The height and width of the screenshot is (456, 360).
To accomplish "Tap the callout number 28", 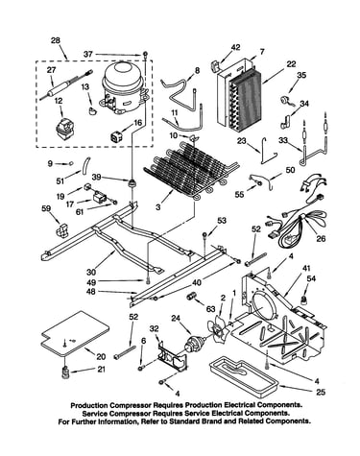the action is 56,40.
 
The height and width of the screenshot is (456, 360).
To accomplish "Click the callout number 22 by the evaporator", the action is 291,64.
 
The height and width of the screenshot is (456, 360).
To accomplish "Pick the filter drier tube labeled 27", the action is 66,85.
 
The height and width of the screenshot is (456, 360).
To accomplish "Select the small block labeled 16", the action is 116,136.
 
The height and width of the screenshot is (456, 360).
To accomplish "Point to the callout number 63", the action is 210,309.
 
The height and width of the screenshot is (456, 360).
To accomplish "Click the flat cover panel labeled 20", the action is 75,333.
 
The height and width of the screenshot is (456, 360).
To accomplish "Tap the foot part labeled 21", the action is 65,372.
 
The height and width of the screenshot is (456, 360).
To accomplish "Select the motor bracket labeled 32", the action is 173,355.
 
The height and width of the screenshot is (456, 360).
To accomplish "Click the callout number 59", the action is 46,209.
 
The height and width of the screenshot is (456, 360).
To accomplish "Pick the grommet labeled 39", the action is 132,183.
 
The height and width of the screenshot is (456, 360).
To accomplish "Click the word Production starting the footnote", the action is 88,405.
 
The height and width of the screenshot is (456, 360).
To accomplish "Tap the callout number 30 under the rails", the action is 91,272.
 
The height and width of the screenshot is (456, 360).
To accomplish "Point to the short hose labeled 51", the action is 85,165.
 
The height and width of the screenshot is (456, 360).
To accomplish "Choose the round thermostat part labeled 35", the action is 285,101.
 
